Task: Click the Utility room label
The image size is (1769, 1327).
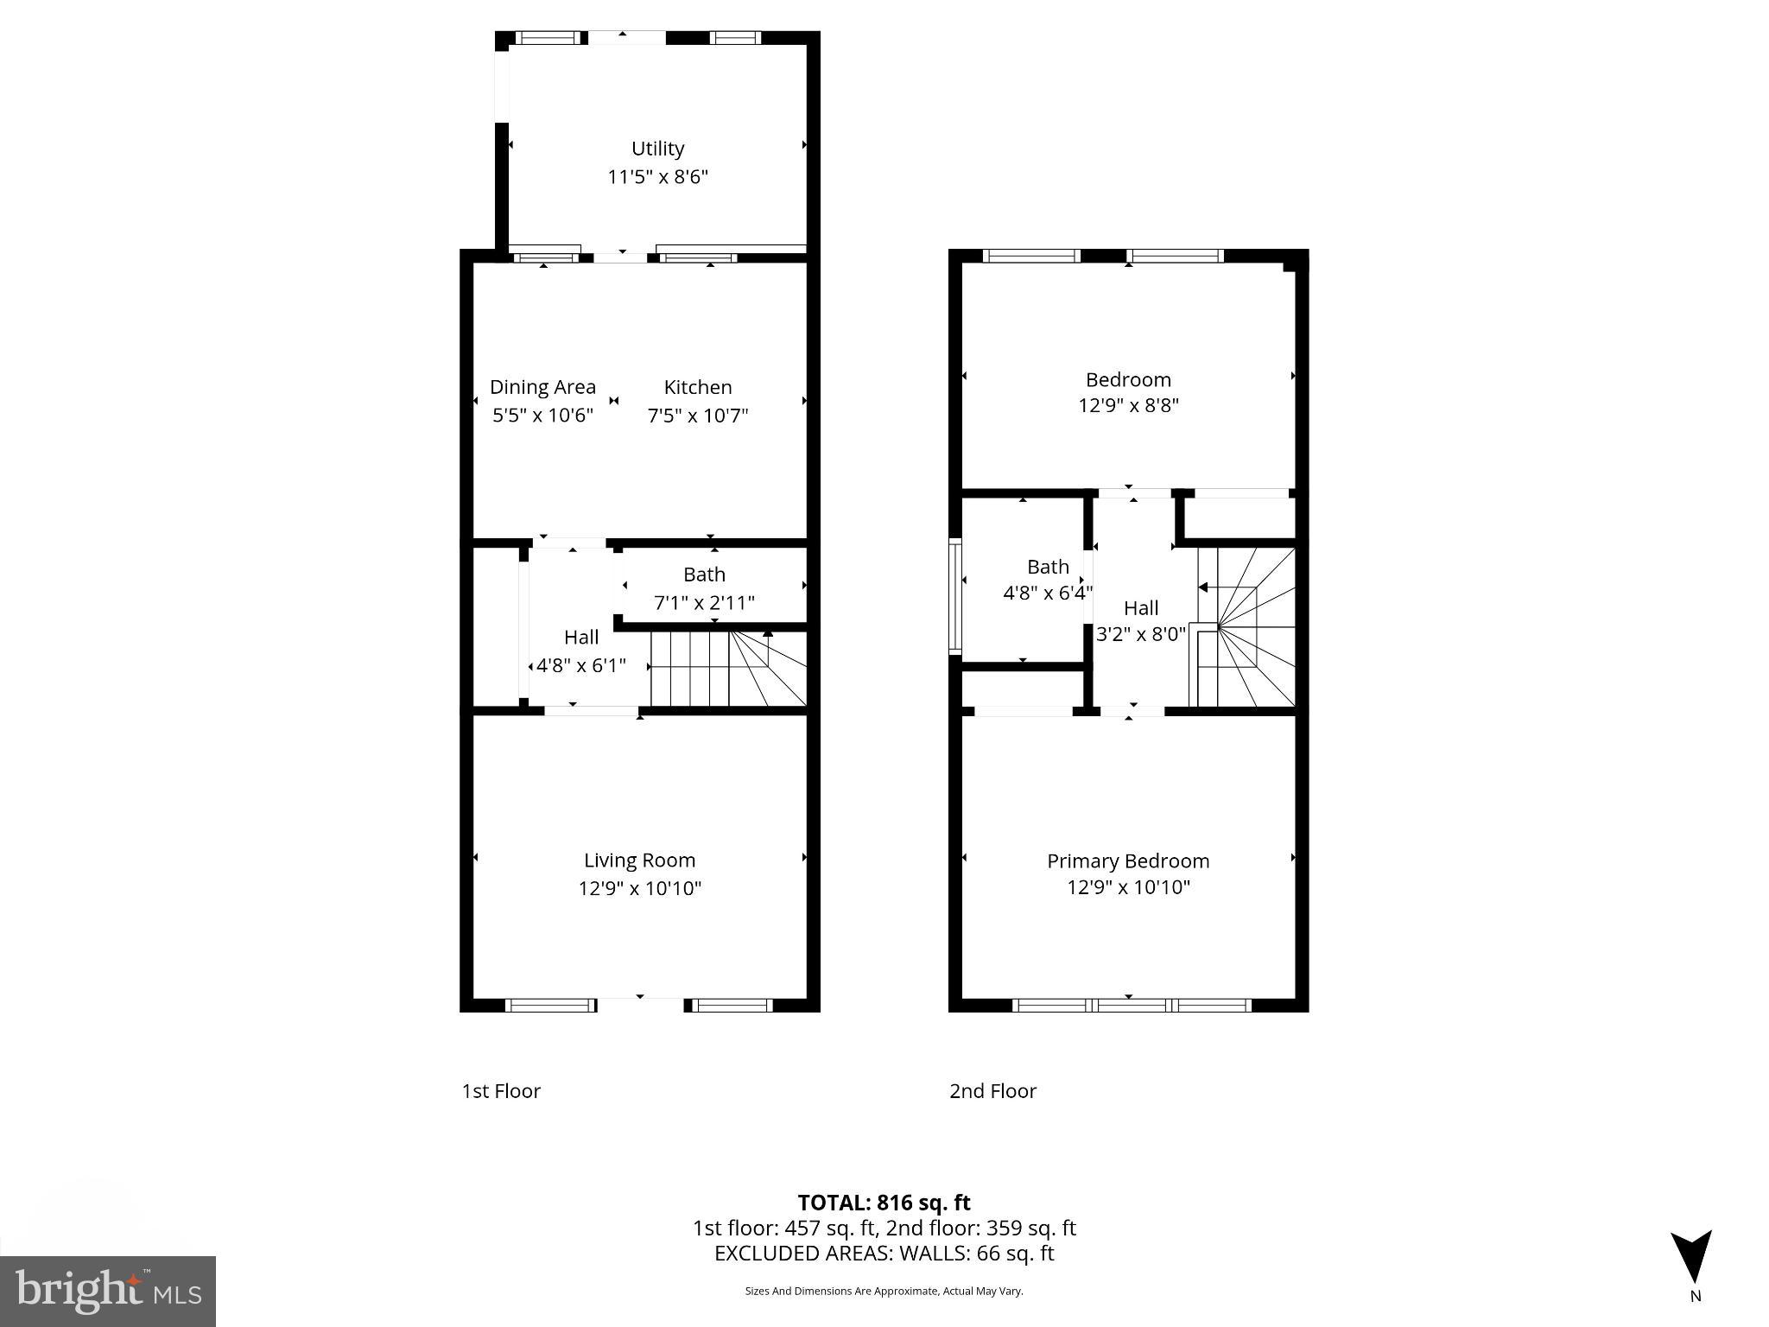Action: [657, 149]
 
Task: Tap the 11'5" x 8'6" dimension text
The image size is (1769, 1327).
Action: [657, 177]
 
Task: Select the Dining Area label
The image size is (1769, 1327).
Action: [542, 387]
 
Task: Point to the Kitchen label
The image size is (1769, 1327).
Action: [698, 387]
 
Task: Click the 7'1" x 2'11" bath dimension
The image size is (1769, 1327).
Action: [704, 602]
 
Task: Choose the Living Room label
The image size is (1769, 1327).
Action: [639, 860]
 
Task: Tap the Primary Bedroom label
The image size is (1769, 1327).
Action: [1128, 860]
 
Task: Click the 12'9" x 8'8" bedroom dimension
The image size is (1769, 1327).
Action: [1128, 405]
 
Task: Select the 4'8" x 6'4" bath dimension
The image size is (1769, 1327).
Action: [1048, 593]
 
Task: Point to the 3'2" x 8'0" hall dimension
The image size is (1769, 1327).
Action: [1140, 634]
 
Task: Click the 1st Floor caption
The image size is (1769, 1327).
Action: [501, 1091]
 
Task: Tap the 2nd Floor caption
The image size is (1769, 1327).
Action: [992, 1091]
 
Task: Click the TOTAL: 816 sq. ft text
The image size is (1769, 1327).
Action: [884, 1203]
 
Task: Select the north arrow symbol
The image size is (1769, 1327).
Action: [1690, 1257]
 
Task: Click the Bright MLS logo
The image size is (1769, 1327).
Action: [108, 1291]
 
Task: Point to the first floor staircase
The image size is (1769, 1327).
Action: [727, 669]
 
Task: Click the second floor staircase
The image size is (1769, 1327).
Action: [1246, 627]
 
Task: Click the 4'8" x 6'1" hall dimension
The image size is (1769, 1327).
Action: [580, 665]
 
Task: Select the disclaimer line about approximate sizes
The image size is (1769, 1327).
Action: [884, 1291]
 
